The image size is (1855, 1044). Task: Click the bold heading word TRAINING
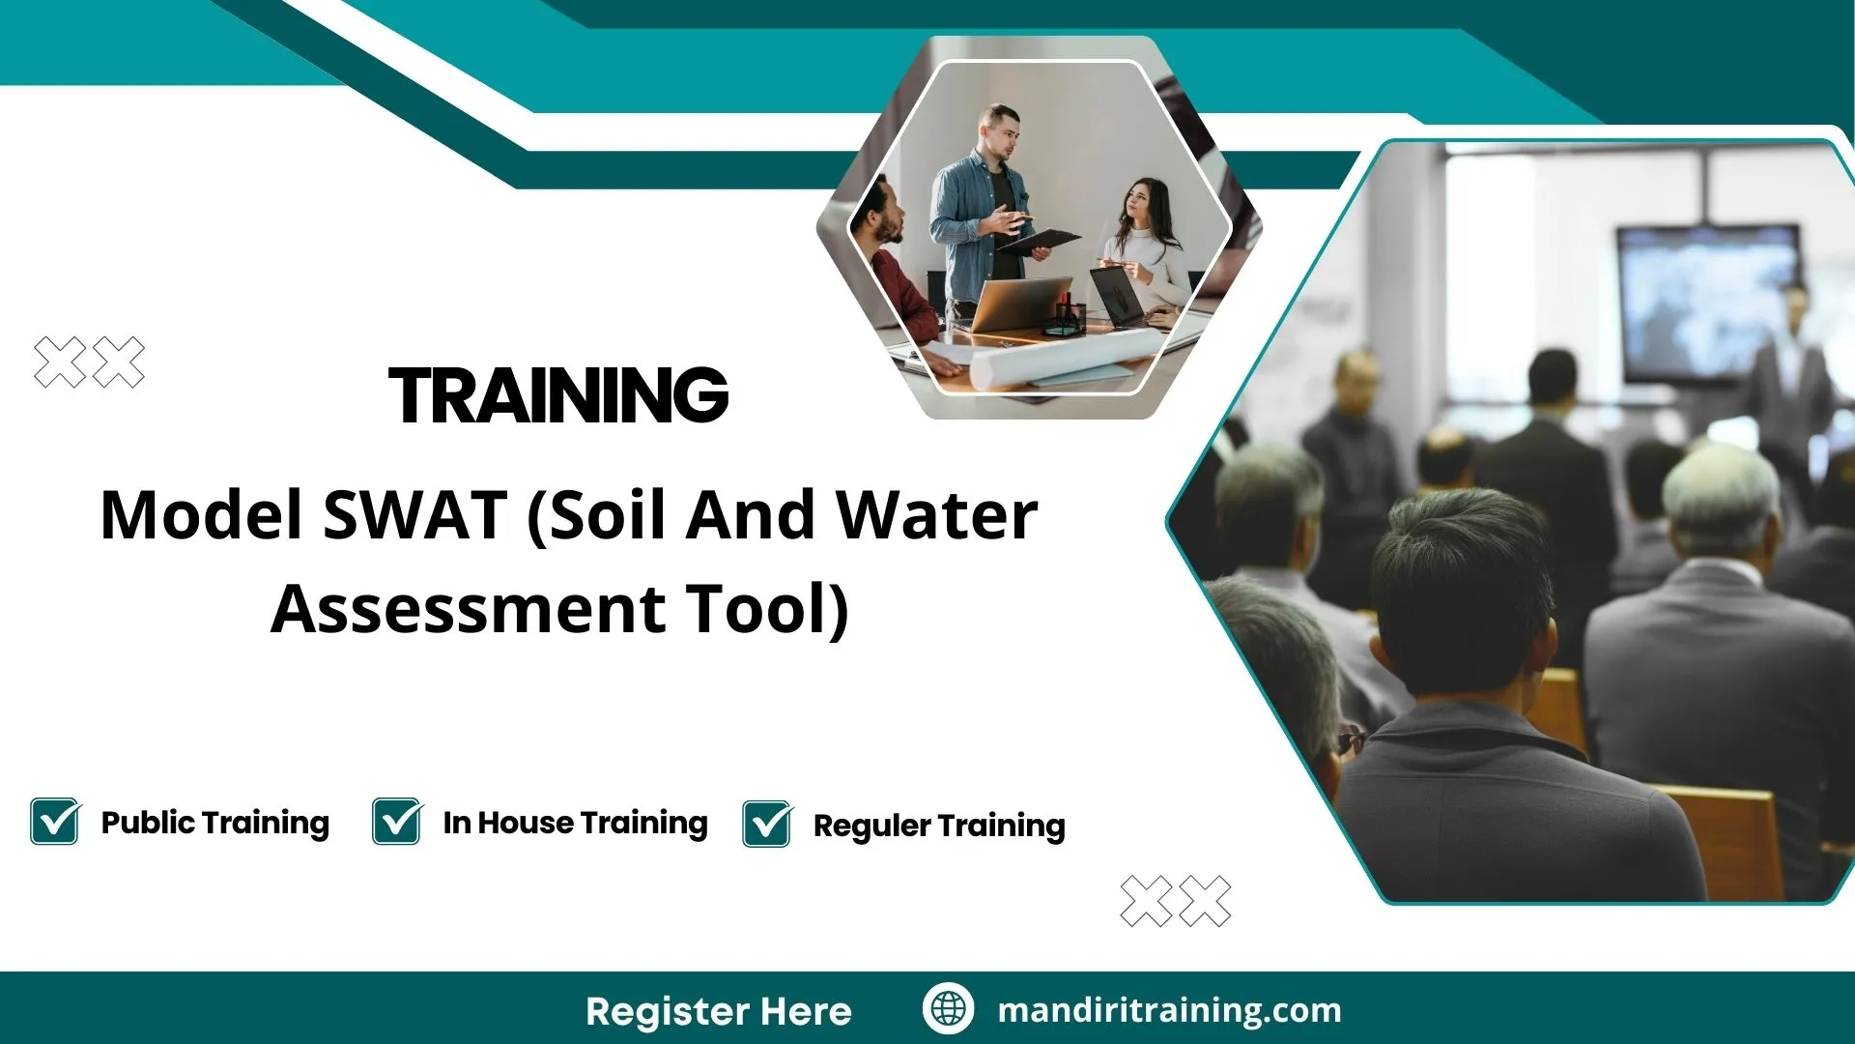tap(558, 394)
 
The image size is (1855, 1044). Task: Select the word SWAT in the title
tap(414, 515)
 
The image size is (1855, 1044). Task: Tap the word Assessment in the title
tap(468, 609)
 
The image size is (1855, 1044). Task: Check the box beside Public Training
tap(55, 822)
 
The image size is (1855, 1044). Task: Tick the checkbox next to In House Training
tap(397, 822)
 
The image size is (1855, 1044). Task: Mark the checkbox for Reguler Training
tap(767, 825)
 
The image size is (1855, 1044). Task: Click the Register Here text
tap(718, 1011)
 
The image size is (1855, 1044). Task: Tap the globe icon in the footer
tap(948, 1009)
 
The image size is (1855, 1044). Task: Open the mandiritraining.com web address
tap(1169, 1010)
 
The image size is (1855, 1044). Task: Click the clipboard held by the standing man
tap(1042, 239)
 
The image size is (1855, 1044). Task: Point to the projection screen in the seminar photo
tap(1708, 302)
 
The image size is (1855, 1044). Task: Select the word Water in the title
tap(936, 515)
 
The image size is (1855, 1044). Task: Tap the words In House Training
tap(575, 823)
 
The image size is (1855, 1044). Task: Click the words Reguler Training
tap(938, 826)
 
